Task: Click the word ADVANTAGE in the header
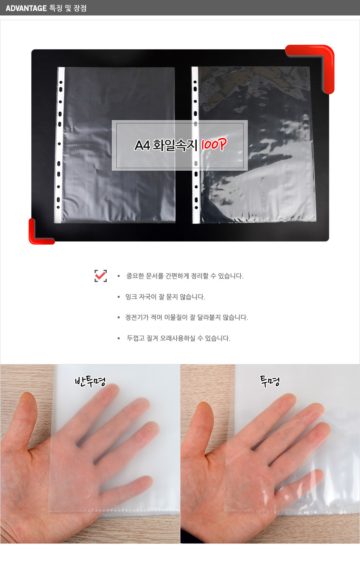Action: click(26, 8)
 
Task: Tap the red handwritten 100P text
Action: click(213, 145)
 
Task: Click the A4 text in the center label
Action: click(142, 146)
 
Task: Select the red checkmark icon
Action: click(101, 276)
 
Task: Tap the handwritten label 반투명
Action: click(90, 381)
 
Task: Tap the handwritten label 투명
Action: click(270, 381)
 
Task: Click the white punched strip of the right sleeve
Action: click(195, 145)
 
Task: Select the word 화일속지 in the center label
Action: click(175, 146)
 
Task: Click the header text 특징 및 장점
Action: click(68, 8)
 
